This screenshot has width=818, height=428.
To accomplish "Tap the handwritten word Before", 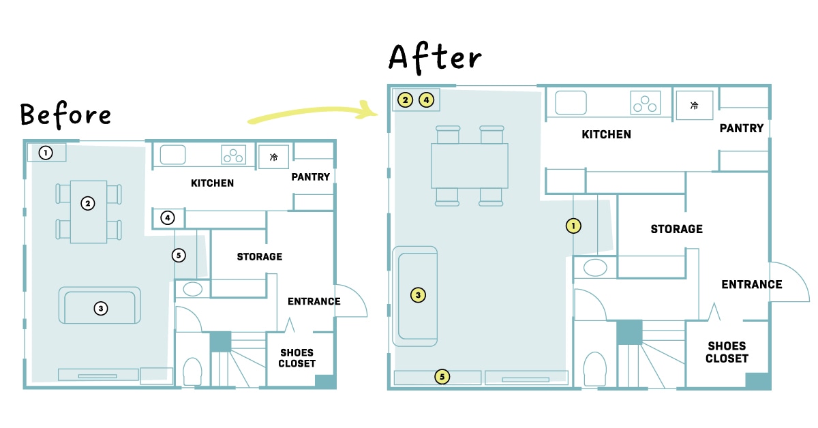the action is click(x=65, y=114).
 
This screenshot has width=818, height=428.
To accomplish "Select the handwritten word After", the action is click(x=435, y=59).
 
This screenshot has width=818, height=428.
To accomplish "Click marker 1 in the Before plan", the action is click(x=46, y=153).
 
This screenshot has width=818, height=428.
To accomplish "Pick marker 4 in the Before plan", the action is click(x=168, y=218).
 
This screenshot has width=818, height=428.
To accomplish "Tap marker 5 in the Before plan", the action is click(x=179, y=256).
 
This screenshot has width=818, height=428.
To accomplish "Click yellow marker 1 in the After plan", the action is click(x=573, y=226).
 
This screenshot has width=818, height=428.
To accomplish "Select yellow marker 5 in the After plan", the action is click(x=442, y=377).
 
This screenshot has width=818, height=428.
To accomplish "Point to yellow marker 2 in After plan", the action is click(x=405, y=100).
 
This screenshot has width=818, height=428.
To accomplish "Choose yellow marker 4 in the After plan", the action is click(x=426, y=100).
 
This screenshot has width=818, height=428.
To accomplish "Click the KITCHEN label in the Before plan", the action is click(x=212, y=183).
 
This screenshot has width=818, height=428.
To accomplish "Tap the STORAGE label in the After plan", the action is click(x=676, y=229).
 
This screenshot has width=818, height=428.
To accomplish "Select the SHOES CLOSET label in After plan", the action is click(x=727, y=352).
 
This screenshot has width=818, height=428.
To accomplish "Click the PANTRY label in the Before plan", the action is click(x=310, y=177).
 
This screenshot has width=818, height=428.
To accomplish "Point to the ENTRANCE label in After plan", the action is click(x=751, y=284).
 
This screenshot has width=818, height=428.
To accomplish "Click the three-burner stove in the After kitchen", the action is click(x=646, y=103).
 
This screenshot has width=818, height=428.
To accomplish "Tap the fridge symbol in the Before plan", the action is click(x=273, y=157).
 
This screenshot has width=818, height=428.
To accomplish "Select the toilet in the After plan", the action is click(x=595, y=369).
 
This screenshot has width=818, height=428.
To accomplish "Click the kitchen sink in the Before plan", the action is click(x=172, y=155).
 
